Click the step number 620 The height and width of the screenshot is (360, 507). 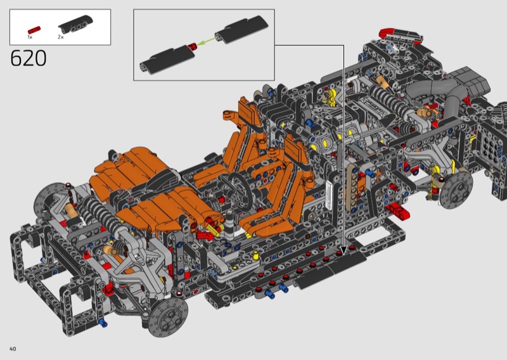coord(29,58)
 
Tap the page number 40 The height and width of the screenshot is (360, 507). coord(13,349)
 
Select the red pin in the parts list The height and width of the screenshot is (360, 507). coord(34,30)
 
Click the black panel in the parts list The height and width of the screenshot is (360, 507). coord(75,24)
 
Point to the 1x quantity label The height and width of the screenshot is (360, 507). coord(30,37)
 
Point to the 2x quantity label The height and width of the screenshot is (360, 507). coord(61,37)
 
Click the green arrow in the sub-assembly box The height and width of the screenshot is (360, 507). coord(207,41)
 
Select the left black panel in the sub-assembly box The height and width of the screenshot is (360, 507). coord(167,60)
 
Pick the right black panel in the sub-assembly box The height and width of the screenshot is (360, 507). coord(241,29)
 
